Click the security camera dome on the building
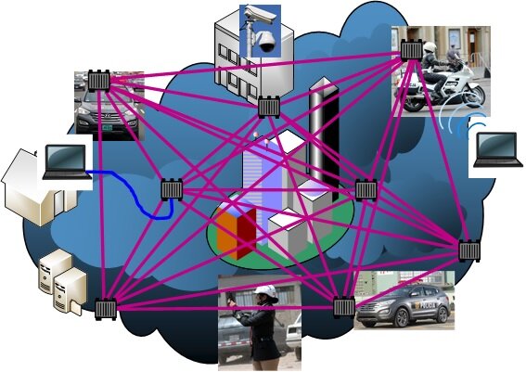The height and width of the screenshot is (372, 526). click(x=263, y=40)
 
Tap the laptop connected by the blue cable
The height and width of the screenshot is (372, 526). click(x=62, y=160)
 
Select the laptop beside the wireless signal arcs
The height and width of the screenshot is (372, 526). click(x=497, y=149)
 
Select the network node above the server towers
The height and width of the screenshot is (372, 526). click(x=105, y=308)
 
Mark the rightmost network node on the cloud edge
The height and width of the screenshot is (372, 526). click(x=470, y=250)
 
